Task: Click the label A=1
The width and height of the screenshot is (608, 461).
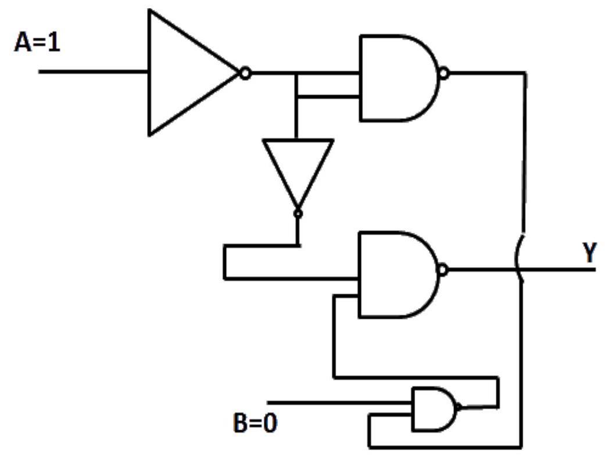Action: [37, 42]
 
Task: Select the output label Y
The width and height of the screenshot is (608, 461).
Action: [589, 252]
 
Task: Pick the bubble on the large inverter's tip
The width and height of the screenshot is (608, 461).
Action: [245, 73]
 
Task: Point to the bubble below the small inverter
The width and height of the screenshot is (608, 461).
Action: [298, 214]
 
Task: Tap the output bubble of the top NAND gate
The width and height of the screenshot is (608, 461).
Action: [444, 73]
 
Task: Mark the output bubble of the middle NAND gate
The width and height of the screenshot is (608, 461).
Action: [443, 269]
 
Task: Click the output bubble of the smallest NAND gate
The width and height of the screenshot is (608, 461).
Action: [459, 406]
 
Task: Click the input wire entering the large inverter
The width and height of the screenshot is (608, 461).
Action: [93, 71]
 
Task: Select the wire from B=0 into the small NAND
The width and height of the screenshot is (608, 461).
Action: [339, 403]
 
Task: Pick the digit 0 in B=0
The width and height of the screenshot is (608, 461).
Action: [270, 423]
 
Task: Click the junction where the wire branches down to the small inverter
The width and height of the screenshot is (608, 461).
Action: [296, 73]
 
